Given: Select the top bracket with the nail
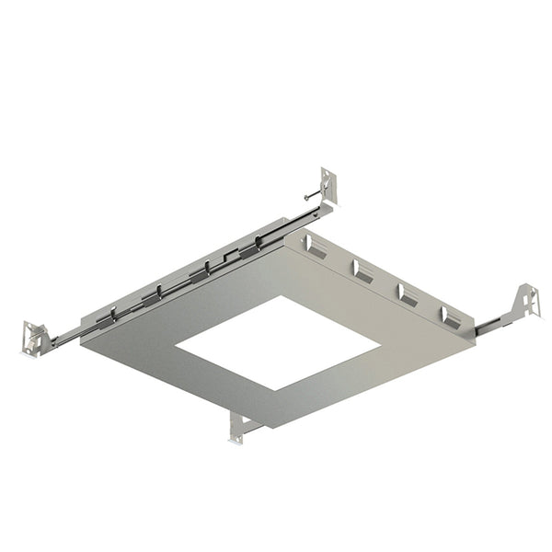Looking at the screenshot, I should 328,188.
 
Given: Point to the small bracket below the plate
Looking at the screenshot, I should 239,426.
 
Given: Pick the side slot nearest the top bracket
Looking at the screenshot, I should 315,246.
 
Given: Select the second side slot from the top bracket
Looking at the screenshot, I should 361,270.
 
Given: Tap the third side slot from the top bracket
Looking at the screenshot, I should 406,294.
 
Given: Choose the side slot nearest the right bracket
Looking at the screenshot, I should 451,317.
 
